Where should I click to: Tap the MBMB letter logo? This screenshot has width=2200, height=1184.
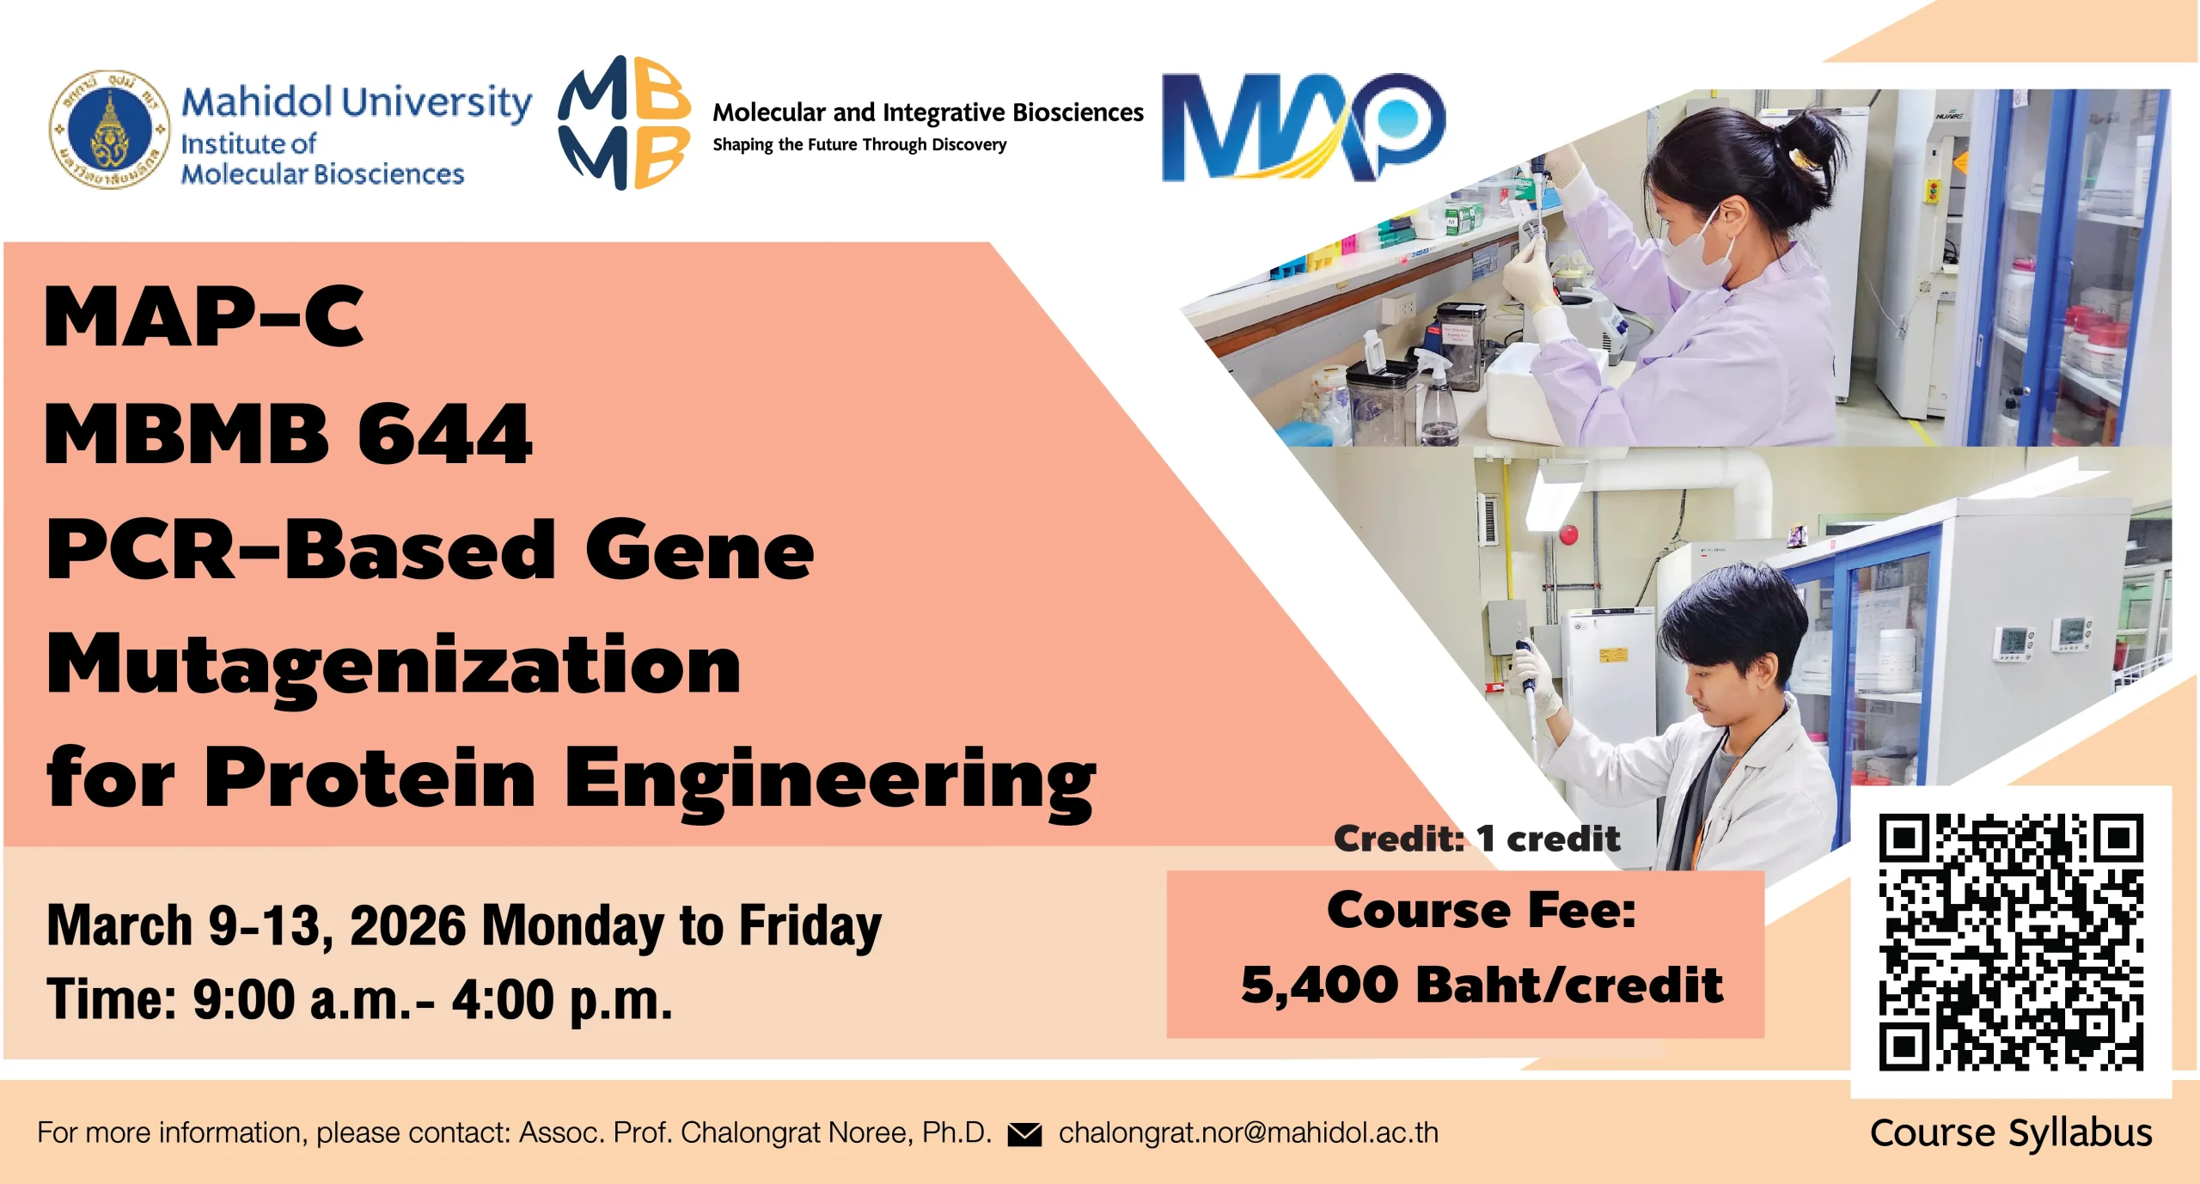tap(625, 122)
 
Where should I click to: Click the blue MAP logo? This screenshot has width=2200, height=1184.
tap(1304, 128)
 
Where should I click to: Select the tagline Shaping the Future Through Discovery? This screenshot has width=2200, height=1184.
tap(859, 144)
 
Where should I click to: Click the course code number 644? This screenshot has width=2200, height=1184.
tap(445, 435)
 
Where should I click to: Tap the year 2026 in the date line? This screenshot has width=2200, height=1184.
tap(407, 926)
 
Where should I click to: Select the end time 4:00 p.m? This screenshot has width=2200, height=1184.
tap(562, 1000)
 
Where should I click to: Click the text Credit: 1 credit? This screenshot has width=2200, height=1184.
tap(1476, 839)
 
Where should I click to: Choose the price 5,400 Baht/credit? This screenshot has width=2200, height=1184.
tap(1482, 985)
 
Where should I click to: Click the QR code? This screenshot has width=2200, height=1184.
tap(2011, 942)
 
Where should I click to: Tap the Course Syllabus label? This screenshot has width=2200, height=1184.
tap(2011, 1132)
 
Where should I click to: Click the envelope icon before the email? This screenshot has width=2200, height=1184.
tap(1024, 1134)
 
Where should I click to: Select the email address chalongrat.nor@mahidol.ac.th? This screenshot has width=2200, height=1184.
tap(1249, 1132)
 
